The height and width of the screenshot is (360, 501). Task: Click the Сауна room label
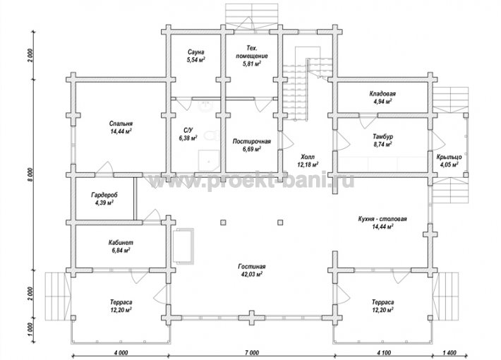click(196, 52)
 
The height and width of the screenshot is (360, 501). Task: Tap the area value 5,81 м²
click(252, 64)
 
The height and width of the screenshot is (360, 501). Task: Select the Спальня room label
click(121, 124)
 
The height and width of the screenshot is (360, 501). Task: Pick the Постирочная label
click(252, 141)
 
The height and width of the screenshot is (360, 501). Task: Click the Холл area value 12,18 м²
click(308, 164)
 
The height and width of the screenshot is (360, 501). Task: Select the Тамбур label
click(382, 136)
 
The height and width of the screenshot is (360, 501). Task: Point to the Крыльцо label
click(449, 157)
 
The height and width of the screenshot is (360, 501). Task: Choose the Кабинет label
click(121, 243)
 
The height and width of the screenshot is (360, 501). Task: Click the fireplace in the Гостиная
click(183, 246)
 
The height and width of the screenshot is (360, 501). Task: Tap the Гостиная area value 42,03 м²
click(252, 275)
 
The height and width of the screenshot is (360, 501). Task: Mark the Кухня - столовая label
click(382, 219)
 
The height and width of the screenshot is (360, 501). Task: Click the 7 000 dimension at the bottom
click(252, 353)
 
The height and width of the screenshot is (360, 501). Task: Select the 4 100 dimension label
click(384, 353)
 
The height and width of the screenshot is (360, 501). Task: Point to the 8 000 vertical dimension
click(30, 175)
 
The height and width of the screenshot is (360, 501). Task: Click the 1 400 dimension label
click(450, 353)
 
